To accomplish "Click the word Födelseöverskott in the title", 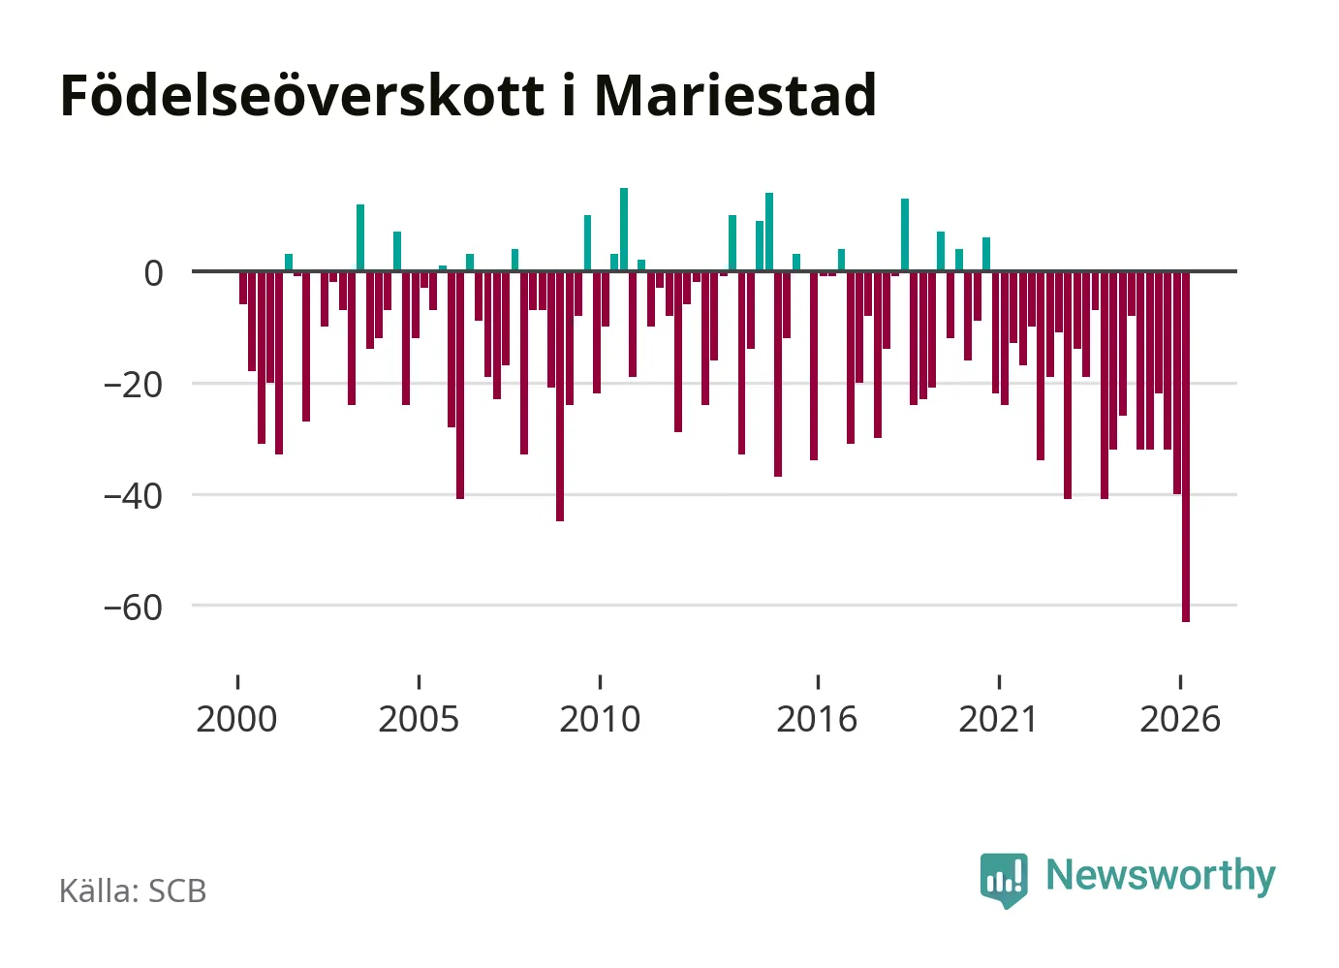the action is point(302,95).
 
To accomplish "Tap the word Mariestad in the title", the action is point(735,95).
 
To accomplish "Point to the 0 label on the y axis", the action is point(154,274).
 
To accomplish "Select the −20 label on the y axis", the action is point(134,386).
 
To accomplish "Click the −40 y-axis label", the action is point(134,497).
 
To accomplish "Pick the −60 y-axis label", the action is point(134,609).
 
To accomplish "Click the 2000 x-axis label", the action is point(237,719).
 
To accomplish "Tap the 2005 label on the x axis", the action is point(419,719).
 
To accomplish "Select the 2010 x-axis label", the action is point(600,719).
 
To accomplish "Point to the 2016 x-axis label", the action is point(817,719).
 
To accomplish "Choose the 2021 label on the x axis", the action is point(998,719).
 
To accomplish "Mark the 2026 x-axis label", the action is point(1180,719).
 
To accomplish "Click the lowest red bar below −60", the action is point(1186,448).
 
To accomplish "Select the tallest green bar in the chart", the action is point(624,230).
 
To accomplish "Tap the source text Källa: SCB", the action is point(133,890).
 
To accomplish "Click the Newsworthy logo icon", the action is point(1004,880).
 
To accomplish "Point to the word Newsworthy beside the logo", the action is point(1161,877).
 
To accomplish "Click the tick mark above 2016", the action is point(818,682).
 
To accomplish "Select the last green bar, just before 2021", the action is point(986,254).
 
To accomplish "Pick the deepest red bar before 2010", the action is point(560,396).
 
